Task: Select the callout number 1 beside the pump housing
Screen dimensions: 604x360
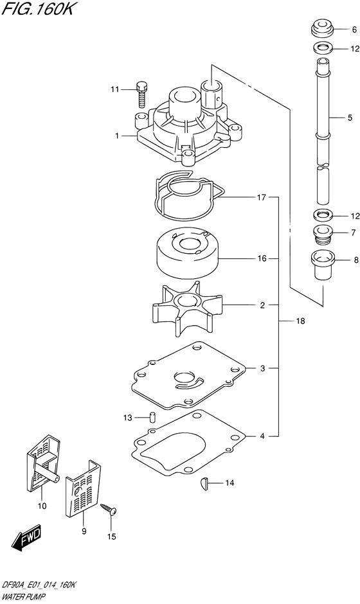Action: [118, 136]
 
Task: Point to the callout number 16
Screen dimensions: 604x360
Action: [262, 259]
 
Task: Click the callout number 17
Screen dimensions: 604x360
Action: [262, 197]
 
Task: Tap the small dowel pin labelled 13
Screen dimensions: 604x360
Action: [153, 416]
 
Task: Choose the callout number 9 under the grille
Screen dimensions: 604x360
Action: [83, 531]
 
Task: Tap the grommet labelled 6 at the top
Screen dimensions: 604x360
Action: [321, 30]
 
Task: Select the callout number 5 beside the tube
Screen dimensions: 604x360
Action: [350, 118]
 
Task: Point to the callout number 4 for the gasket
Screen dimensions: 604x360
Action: [262, 437]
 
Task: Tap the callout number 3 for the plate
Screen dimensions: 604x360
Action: [262, 368]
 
